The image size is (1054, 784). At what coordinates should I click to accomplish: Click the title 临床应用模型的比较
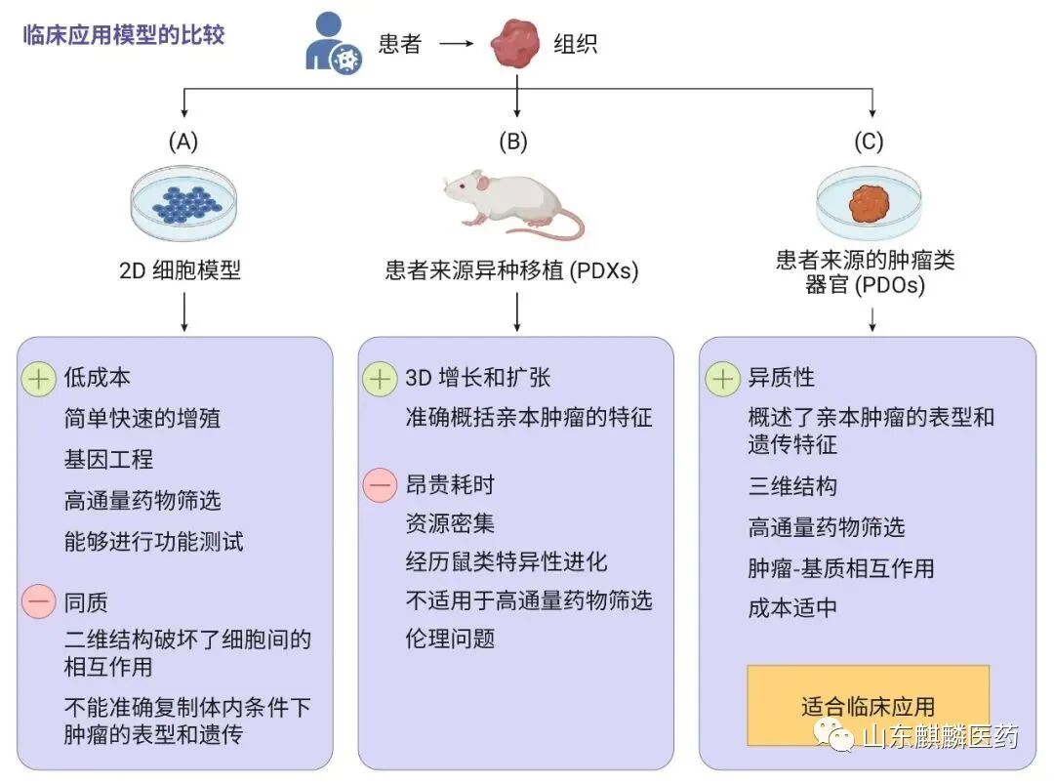pos(124,36)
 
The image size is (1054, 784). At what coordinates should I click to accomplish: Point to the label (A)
pos(183,142)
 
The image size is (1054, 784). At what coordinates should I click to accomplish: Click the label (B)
pos(512,142)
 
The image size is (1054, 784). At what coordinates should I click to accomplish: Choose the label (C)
pos(869,142)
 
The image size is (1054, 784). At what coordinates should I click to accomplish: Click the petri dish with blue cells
pos(183,204)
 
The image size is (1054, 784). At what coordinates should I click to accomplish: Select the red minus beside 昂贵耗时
pos(380,485)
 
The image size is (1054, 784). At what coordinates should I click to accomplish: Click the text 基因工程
pos(109,459)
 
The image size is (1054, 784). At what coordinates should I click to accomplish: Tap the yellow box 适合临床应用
pos(868,705)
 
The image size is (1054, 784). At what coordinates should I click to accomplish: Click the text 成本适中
pos(792,607)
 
